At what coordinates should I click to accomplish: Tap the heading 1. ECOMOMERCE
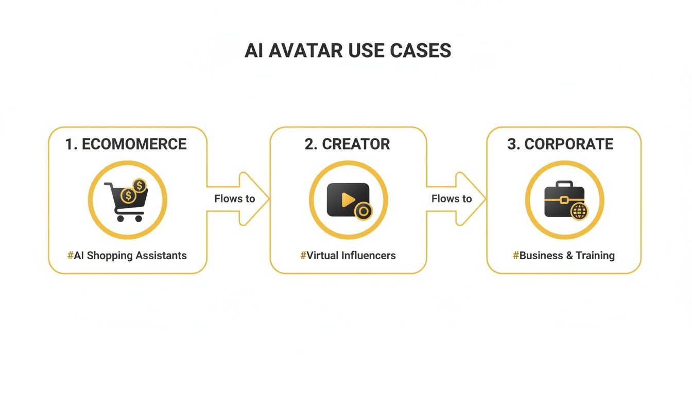pos(126,144)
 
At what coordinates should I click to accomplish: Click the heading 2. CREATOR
pos(347,144)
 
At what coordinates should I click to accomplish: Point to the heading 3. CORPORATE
pos(560,144)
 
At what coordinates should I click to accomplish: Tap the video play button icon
pos(347,200)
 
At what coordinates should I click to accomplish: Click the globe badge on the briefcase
pos(579,211)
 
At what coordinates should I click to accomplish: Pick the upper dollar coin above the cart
pos(139,186)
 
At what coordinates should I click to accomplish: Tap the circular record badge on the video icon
pos(364,211)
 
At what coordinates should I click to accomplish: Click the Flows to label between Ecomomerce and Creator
pos(235,199)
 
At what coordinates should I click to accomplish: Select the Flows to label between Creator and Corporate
pos(452,199)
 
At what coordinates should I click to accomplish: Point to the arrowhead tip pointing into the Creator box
pos(268,199)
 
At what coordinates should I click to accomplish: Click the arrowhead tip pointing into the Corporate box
pos(485,199)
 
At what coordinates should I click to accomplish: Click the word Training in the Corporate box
pos(595,255)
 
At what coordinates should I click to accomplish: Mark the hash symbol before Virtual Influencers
pos(303,255)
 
